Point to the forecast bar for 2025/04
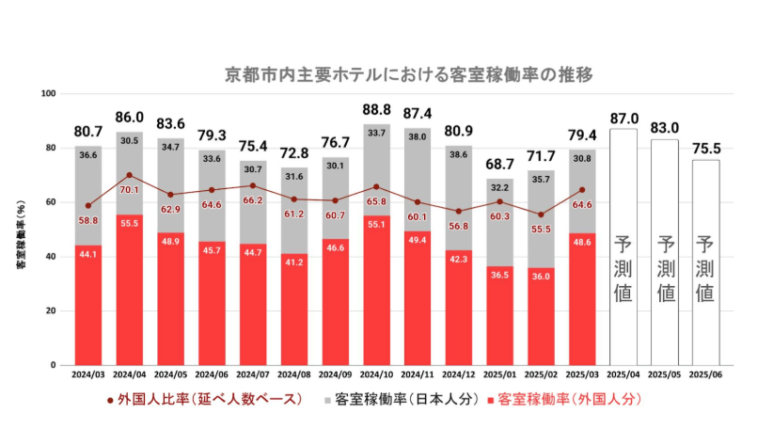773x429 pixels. (623, 246)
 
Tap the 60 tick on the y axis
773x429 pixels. (53, 202)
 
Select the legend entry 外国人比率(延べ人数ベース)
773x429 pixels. (204, 400)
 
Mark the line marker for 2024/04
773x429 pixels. (129, 175)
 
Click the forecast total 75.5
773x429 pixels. (705, 147)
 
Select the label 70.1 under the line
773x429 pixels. (130, 190)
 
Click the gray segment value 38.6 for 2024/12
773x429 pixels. (459, 153)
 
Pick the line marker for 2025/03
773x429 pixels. (582, 190)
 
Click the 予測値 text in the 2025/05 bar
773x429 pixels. (665, 268)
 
